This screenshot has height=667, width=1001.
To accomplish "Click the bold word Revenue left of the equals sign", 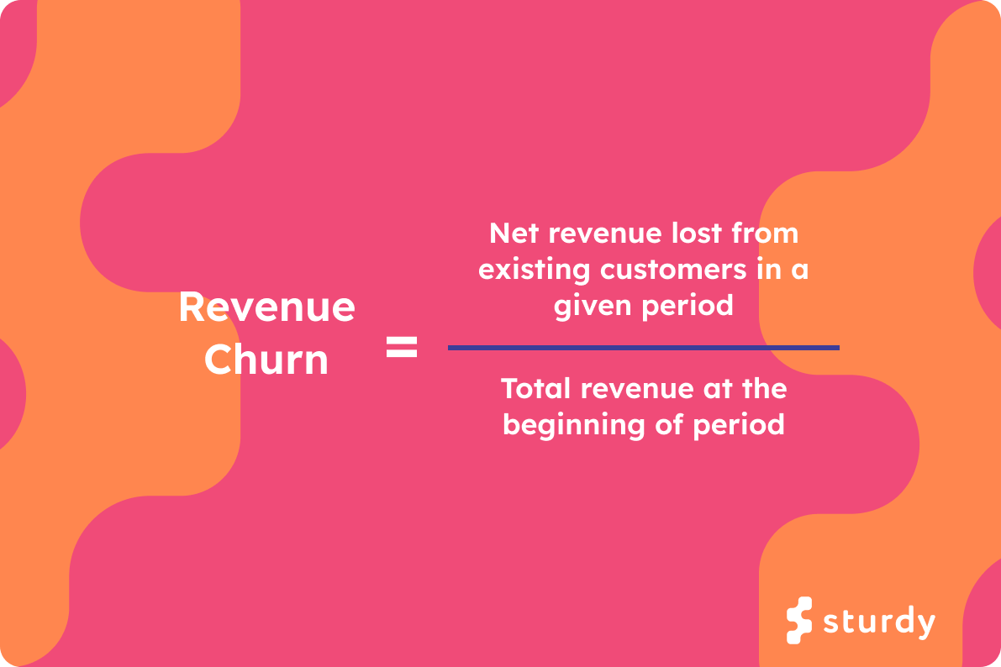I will click(266, 308).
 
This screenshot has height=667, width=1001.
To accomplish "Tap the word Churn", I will click(266, 360).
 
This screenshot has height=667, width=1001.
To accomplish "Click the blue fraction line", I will click(643, 347).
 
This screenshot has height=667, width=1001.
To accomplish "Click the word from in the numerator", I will click(765, 233).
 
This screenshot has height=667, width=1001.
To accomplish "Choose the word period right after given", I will click(688, 306).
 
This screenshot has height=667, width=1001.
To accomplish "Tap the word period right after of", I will click(739, 424).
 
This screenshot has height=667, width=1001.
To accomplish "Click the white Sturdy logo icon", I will click(799, 621).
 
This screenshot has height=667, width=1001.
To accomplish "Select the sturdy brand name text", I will click(878, 622).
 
